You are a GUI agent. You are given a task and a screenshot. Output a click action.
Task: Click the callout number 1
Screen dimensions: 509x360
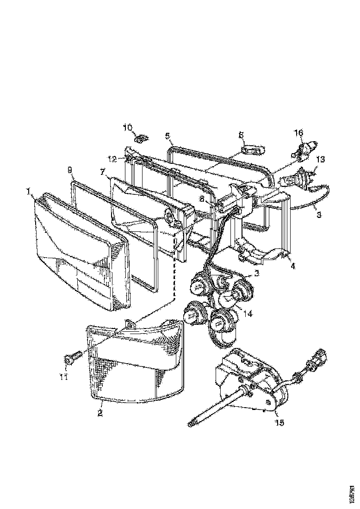pyautogui.click(x=29, y=191)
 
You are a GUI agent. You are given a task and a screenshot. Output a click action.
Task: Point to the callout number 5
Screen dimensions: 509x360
pyautogui.click(x=168, y=136)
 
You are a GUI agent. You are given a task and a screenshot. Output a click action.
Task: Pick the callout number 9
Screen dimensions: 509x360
pyautogui.click(x=70, y=170)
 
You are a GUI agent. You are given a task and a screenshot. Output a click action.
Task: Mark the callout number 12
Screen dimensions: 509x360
pyautogui.click(x=113, y=159)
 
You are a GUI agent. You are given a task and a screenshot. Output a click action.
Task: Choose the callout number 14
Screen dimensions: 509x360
pyautogui.click(x=248, y=314)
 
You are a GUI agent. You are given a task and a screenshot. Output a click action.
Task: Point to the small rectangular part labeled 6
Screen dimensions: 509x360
pyautogui.click(x=252, y=150)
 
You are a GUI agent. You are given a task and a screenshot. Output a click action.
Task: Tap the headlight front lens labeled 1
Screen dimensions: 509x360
pyautogui.click(x=79, y=252)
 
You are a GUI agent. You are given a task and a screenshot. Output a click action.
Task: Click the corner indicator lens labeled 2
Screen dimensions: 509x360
pyautogui.click(x=134, y=366)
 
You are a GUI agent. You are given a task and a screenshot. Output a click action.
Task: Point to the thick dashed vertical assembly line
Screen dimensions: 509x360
pyautogui.click(x=174, y=268)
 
